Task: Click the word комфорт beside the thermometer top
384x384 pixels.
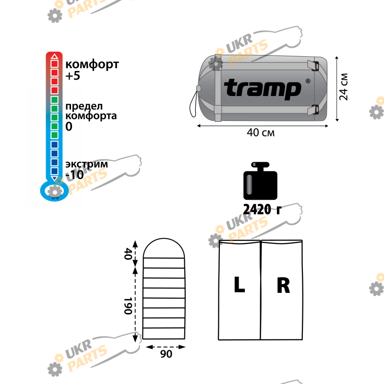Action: point(92,65)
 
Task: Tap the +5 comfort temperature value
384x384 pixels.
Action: point(73,76)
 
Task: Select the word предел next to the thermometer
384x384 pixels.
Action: point(84,107)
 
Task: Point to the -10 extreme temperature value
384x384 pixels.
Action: point(74,175)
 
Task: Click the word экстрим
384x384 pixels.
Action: point(86,164)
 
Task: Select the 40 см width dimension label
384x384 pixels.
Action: point(261,133)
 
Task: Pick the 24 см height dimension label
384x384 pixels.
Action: point(344,86)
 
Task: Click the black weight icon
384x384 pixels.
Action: point(260,181)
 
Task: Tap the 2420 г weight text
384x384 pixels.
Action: point(262,210)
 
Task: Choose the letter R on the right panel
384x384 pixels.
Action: point(283,285)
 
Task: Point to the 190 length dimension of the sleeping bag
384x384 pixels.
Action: point(128,306)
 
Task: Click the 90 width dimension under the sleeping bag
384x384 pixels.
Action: point(166,354)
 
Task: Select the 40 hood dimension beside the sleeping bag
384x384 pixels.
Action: point(128,254)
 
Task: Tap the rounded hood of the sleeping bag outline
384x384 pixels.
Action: point(164,239)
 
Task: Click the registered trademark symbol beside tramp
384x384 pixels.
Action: point(308,81)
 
